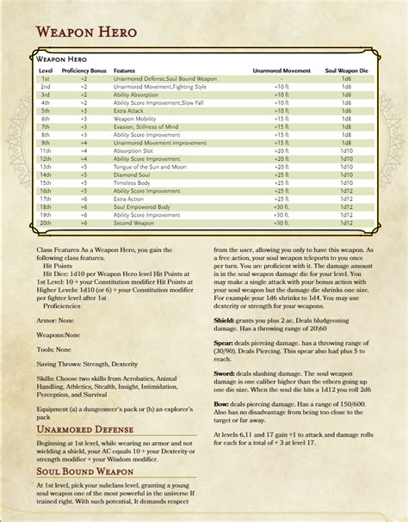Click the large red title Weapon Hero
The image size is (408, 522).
(87, 32)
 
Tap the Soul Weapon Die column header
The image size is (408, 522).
(346, 71)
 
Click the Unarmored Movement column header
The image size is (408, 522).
(281, 71)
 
